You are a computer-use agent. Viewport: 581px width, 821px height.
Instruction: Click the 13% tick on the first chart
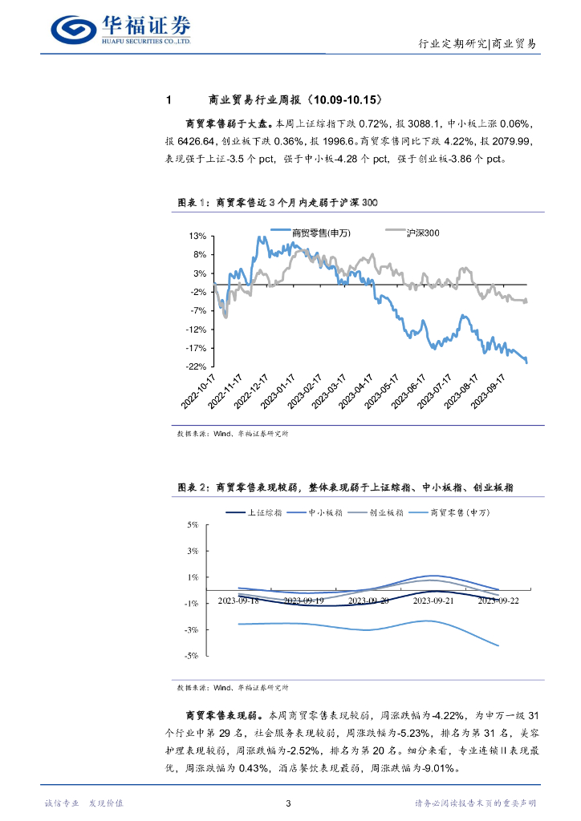(x=198, y=237)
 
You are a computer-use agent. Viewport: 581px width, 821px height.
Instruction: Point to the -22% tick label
(x=197, y=367)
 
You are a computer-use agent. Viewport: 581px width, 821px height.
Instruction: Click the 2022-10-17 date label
(x=200, y=390)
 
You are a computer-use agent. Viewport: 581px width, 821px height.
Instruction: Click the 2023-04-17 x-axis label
(x=357, y=390)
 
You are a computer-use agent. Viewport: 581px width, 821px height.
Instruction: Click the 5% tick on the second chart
(x=193, y=525)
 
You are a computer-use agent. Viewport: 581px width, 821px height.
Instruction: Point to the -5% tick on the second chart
(x=192, y=656)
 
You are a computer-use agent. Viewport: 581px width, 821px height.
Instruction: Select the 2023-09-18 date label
(x=238, y=599)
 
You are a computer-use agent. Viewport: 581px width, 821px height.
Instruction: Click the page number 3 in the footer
(x=290, y=803)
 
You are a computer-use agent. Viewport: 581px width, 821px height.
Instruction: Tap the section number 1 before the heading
(x=169, y=100)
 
